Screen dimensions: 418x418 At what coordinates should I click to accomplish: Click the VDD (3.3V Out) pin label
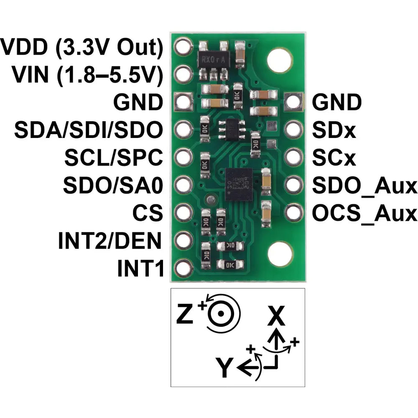[x=82, y=48]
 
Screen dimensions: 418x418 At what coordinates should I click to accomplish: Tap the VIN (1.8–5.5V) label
[x=87, y=75]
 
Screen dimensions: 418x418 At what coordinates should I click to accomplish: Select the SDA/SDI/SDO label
[x=88, y=130]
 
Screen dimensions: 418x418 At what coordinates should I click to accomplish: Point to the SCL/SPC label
[x=114, y=158]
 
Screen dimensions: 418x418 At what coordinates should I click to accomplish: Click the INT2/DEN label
[x=110, y=240]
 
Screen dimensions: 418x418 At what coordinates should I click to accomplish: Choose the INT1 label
[x=140, y=268]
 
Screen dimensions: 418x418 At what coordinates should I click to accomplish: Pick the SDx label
[x=334, y=130]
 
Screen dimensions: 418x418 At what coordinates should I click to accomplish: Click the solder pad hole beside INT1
[x=184, y=268]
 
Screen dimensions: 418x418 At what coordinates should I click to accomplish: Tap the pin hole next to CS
[x=184, y=212]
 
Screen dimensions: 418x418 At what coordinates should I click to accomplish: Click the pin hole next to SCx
[x=293, y=157]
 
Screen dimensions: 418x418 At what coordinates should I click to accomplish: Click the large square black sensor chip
[x=239, y=184]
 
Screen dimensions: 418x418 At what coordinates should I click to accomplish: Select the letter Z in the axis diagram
[x=184, y=313]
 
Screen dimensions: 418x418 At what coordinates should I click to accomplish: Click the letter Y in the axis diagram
[x=224, y=368]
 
